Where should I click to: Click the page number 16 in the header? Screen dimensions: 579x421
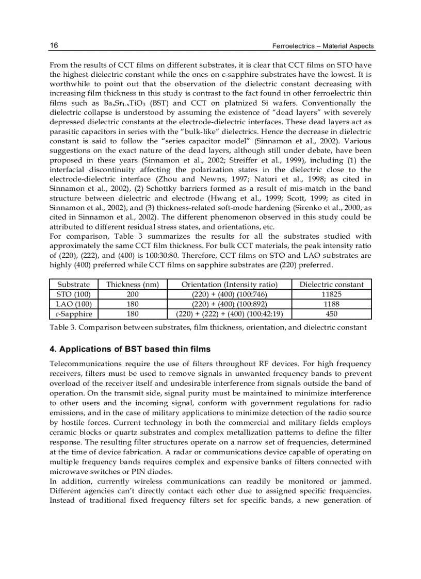[54, 46]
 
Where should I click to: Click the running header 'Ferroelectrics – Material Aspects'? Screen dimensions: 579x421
[323, 46]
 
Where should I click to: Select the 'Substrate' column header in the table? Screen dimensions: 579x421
[73, 284]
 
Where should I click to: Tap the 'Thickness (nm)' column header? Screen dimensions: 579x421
[133, 284]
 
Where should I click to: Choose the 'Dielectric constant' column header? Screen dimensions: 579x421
[331, 284]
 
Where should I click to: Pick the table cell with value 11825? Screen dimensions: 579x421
[331, 294]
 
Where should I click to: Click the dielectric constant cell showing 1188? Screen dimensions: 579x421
[331, 304]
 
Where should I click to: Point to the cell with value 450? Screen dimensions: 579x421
[331, 313]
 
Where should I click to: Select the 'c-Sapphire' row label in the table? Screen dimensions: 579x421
[73, 313]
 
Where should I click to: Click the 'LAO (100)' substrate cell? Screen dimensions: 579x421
[73, 304]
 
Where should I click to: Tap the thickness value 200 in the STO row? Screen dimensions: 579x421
[133, 294]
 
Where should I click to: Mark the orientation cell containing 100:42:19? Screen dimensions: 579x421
[230, 313]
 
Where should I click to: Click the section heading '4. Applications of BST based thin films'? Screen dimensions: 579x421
[129, 350]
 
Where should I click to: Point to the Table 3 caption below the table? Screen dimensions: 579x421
[208, 327]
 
